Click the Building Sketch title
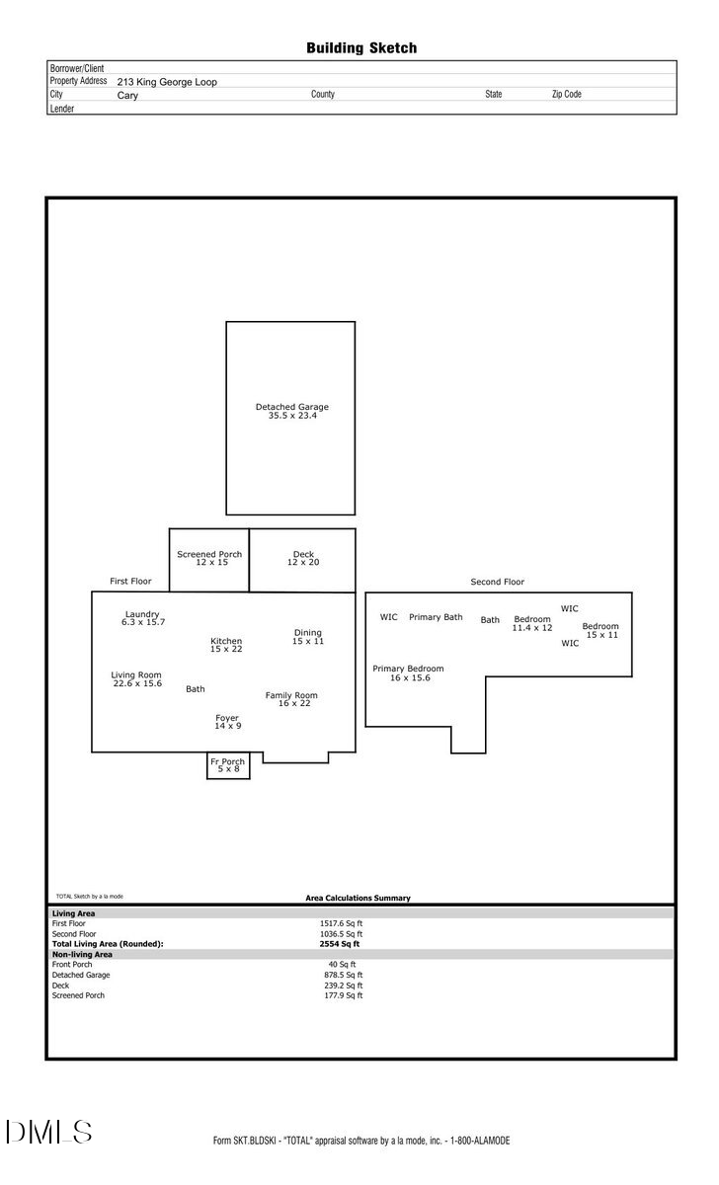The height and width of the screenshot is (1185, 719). click(360, 47)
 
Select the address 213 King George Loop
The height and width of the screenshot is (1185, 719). click(167, 82)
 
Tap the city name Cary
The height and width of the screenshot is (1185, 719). click(127, 96)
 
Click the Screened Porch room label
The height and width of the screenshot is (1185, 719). click(209, 558)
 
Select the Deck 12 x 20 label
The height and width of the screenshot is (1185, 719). click(303, 558)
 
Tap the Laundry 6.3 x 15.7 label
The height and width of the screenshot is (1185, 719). click(142, 618)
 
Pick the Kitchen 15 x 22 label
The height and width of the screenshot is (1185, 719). click(226, 645)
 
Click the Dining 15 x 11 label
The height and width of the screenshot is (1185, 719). click(307, 637)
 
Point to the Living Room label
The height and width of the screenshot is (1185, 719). click(136, 679)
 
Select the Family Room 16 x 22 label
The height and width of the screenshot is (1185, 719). click(291, 699)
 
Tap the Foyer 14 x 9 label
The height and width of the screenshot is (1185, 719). click(227, 722)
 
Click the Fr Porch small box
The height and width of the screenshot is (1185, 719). click(228, 765)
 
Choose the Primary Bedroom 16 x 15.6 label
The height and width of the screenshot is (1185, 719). click(408, 673)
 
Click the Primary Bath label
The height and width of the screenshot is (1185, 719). click(436, 617)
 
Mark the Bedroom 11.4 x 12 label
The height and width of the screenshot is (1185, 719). click(532, 623)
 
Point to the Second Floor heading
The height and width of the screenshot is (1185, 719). click(498, 583)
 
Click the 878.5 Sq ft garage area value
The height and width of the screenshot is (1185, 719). click(345, 975)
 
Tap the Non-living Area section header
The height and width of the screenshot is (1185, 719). click(82, 955)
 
